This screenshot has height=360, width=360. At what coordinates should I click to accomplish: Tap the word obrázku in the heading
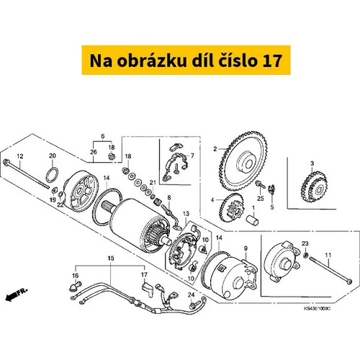point(152,60)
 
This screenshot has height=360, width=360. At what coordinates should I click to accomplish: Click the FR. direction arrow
point(17,294)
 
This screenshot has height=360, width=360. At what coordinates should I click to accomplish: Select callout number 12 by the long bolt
point(20,156)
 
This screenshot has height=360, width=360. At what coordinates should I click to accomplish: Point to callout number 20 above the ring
point(53,156)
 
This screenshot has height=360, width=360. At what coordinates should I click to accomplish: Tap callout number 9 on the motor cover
point(246,248)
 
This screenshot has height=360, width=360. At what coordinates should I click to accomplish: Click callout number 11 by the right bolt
point(328,255)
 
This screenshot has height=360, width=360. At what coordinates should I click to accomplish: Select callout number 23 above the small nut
point(305,243)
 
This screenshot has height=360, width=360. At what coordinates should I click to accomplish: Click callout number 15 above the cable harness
point(111,258)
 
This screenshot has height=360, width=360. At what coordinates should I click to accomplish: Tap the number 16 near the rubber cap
point(75,276)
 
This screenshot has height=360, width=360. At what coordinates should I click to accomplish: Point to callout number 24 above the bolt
point(191,294)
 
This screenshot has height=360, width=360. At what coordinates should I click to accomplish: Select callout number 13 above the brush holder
point(186,213)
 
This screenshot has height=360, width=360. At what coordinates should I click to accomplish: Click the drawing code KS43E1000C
point(317,308)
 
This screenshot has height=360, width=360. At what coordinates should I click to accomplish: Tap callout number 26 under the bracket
point(94,152)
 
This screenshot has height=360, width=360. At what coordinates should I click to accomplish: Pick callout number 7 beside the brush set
point(192,156)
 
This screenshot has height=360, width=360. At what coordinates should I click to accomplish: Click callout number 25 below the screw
point(261,199)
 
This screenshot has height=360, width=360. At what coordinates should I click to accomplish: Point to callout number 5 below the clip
point(272,207)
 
